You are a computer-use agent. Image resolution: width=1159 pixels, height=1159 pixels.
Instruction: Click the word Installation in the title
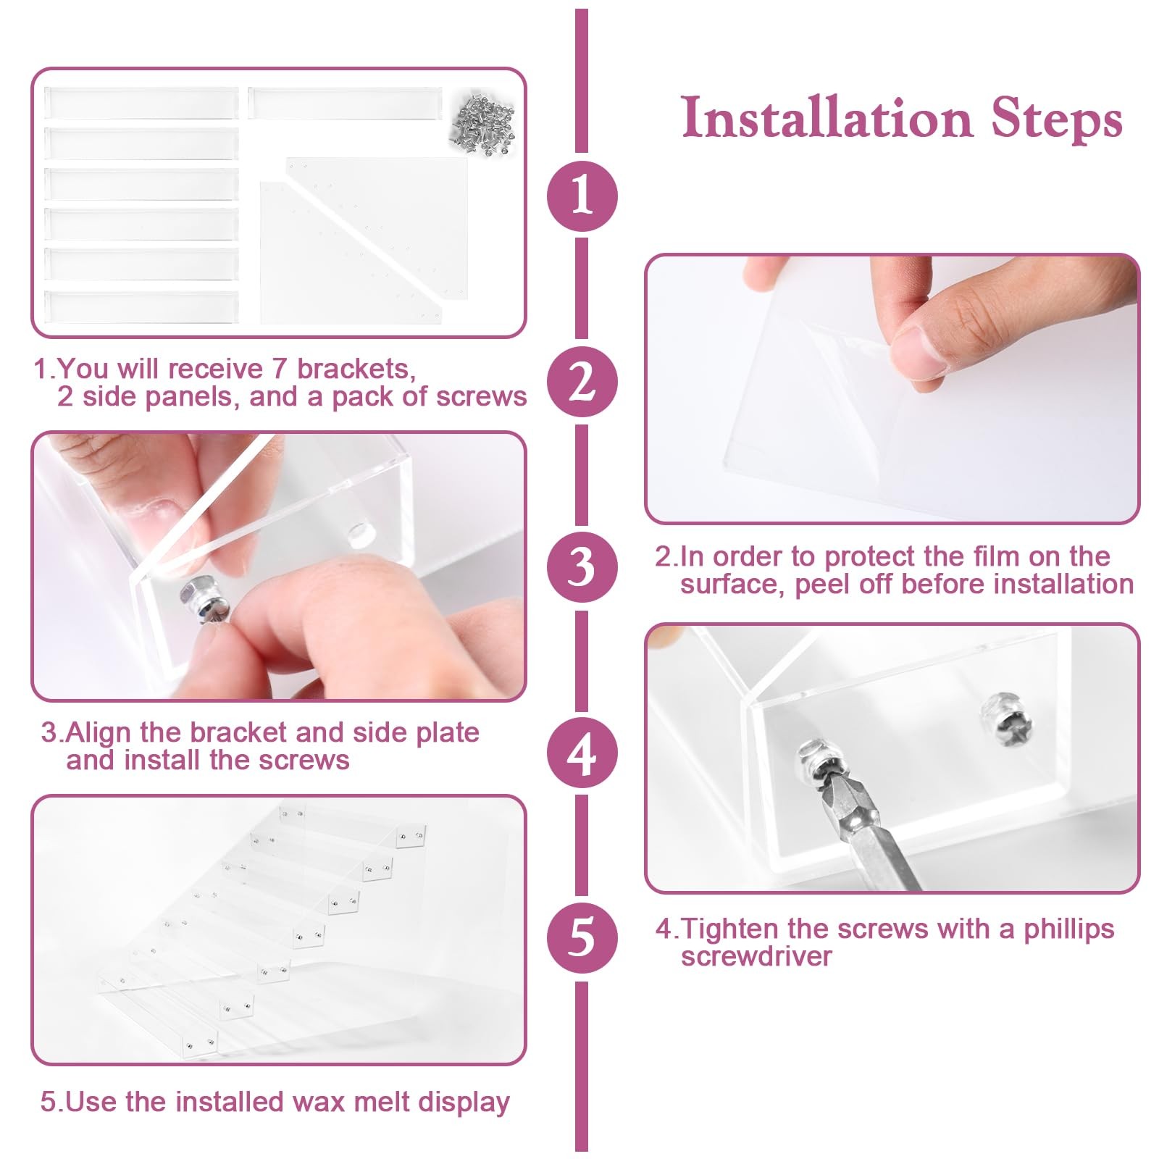[x=827, y=118]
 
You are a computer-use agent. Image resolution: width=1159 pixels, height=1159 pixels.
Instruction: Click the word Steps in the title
[x=1057, y=118]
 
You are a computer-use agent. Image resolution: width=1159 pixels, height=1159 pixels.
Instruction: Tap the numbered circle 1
[x=582, y=196]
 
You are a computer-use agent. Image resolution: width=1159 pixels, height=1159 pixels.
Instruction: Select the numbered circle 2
[x=582, y=382]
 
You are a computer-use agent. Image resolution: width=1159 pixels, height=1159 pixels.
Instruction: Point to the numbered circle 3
[x=582, y=566]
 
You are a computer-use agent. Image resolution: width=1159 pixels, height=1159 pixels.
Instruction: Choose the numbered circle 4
[x=582, y=753]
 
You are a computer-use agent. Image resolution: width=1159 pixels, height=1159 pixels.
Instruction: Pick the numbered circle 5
[x=582, y=937]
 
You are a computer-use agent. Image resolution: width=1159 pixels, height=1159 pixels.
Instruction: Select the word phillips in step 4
[x=1068, y=929]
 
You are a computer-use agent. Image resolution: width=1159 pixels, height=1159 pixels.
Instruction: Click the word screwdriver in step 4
[x=756, y=956]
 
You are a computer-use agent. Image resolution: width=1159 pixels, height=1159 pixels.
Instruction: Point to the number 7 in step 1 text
[x=279, y=369]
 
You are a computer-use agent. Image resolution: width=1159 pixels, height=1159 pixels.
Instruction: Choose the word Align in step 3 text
[x=99, y=732]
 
